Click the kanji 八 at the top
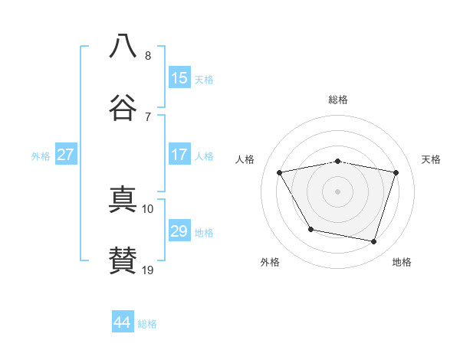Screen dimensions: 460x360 pos(123,46)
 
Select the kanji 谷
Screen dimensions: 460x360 pos(123,107)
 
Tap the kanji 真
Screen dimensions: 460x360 pos(123,199)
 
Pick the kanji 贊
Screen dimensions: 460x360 pos(123,260)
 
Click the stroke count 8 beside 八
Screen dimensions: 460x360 pos(148,56)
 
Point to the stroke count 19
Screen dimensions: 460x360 pos(147,270)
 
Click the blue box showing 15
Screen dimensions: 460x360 pos(179,77)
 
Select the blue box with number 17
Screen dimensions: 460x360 pos(179,154)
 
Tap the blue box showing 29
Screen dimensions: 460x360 pos(179,230)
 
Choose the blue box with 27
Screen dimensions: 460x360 pos(66,154)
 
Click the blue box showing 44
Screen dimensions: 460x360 pos(123,321)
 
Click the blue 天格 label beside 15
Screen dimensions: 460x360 pos(204,80)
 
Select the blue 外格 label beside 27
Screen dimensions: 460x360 pos(41,156)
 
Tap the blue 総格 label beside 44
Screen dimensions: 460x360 pos(147,324)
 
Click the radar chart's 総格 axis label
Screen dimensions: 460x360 pos(338,100)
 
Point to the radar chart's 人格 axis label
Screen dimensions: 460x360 pos(245,159)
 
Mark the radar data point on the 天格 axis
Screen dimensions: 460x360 pos(396,172)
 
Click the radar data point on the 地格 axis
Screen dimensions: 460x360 pos(374,242)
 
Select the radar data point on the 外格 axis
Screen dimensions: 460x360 pos(311,229)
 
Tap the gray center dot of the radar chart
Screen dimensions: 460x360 pos(337,191)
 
